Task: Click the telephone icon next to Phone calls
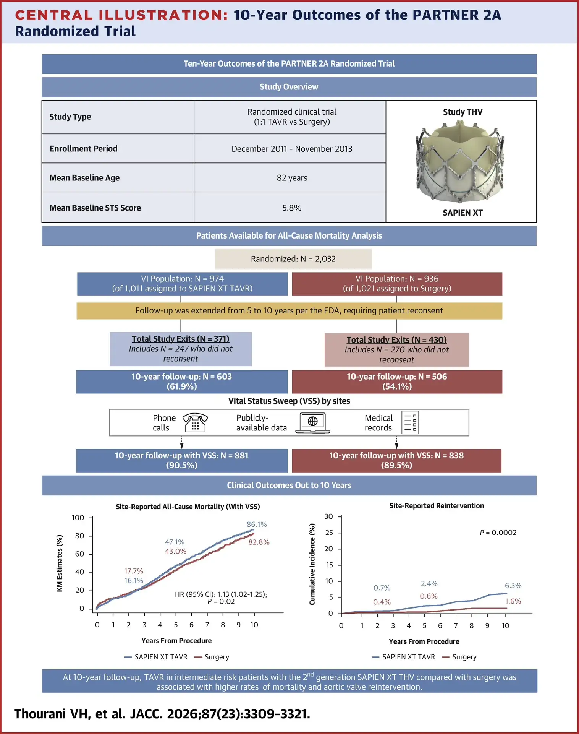pyautogui.click(x=195, y=422)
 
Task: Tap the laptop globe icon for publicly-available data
pyautogui.click(x=313, y=423)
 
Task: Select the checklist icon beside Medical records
pyautogui.click(x=410, y=422)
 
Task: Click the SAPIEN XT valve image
pyautogui.click(x=460, y=162)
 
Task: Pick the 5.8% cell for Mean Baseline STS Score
pyautogui.click(x=292, y=208)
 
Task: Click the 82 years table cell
pyautogui.click(x=292, y=178)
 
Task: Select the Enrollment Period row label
pyautogui.click(x=83, y=149)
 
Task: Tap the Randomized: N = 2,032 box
pyautogui.click(x=293, y=259)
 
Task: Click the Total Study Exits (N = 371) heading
pyautogui.click(x=181, y=339)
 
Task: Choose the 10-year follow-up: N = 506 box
pyautogui.click(x=397, y=382)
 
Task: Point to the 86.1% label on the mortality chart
pyautogui.click(x=257, y=525)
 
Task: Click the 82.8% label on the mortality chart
pyautogui.click(x=259, y=542)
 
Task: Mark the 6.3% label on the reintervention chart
pyautogui.click(x=513, y=586)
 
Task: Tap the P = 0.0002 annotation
pyautogui.click(x=498, y=533)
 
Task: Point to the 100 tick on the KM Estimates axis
pyautogui.click(x=78, y=518)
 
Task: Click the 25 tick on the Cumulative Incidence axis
pyautogui.click(x=329, y=533)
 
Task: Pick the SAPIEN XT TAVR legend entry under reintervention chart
pyautogui.click(x=403, y=657)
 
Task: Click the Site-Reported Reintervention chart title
pyautogui.click(x=437, y=506)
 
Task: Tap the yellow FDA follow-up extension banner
pyautogui.click(x=289, y=311)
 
